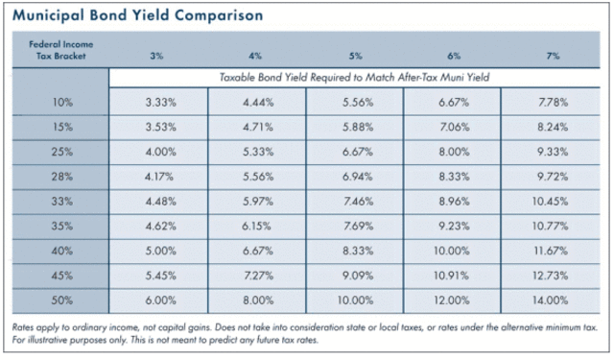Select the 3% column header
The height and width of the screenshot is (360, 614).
(x=157, y=56)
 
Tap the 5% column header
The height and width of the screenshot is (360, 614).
(x=355, y=56)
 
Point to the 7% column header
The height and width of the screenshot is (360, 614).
(x=554, y=56)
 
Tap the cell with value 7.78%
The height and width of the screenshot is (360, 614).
(x=554, y=102)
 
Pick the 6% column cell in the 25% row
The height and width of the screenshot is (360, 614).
(x=453, y=152)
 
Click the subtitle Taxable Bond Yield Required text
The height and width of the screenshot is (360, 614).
(x=355, y=76)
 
